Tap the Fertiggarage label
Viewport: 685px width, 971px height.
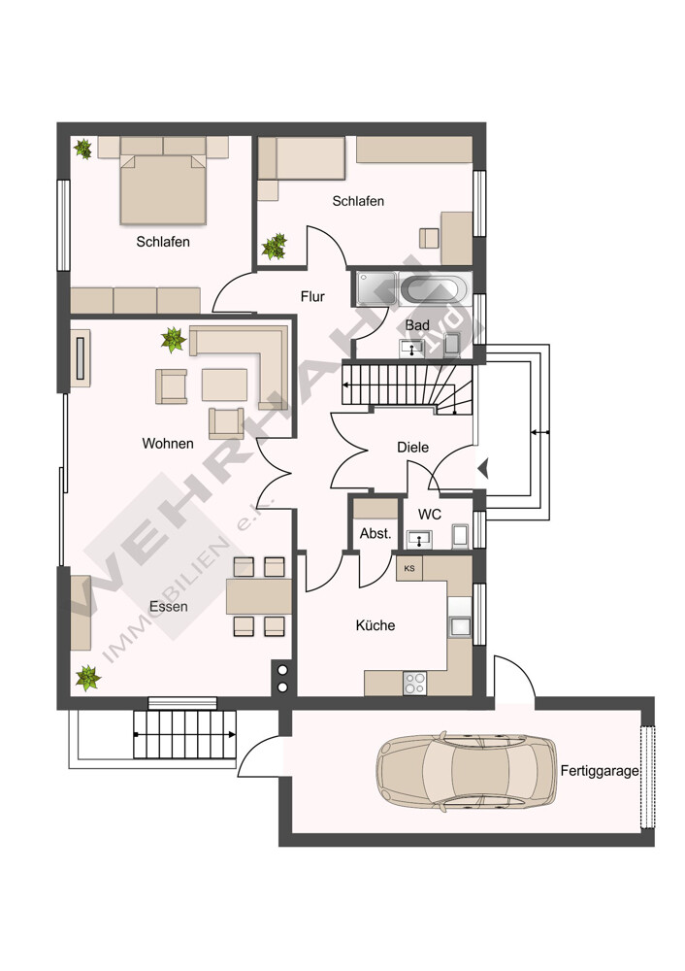[600, 771]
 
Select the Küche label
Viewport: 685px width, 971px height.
[375, 625]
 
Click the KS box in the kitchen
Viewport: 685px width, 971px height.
[409, 568]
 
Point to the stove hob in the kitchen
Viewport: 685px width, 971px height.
[414, 683]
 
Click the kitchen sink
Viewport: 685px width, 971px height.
[460, 626]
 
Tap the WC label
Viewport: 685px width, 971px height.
[430, 515]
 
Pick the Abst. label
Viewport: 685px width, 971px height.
[375, 533]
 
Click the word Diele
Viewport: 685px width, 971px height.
[412, 447]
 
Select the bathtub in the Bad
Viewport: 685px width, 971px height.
[430, 289]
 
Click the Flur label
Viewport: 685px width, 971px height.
[312, 296]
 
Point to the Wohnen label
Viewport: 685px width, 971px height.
[168, 444]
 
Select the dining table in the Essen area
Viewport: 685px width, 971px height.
[259, 596]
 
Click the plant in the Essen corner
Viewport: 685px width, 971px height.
[88, 678]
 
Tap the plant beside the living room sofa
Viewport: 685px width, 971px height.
[174, 340]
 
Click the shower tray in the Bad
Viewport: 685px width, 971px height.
[376, 288]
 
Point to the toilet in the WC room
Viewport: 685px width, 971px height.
[461, 536]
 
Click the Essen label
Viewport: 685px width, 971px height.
[168, 606]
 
